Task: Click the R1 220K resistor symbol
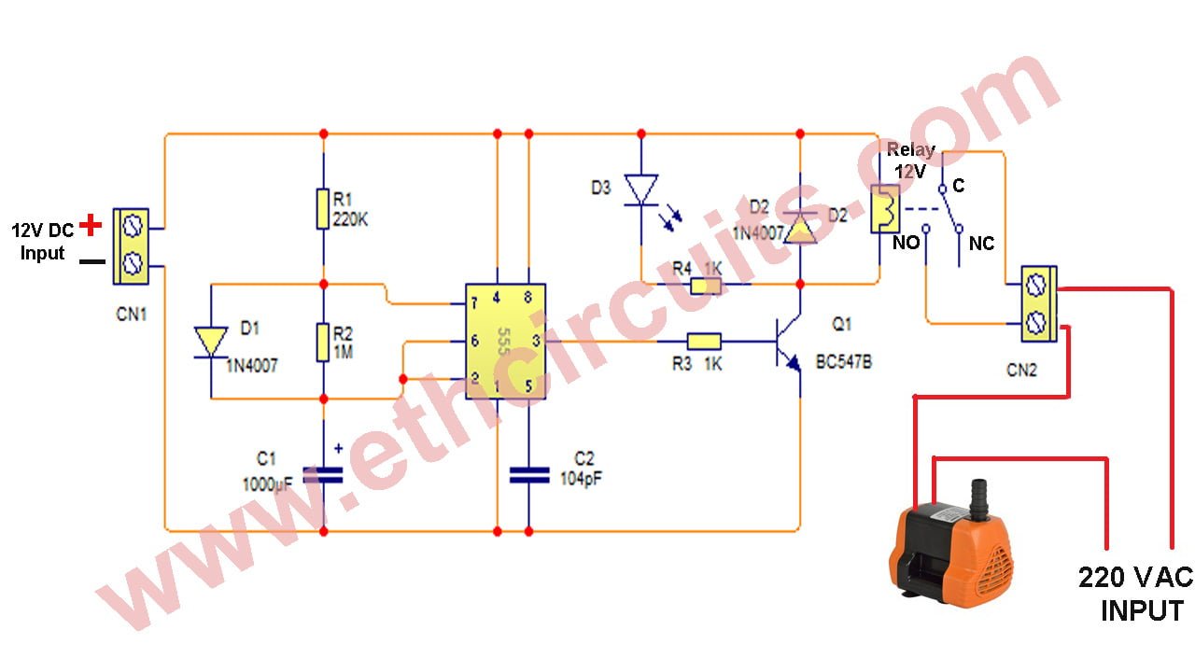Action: click(323, 210)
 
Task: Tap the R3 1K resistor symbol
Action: click(703, 342)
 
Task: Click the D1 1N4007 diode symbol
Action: click(210, 342)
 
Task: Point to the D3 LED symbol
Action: click(641, 190)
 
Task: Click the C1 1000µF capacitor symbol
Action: click(323, 473)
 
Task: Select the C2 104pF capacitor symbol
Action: click(527, 474)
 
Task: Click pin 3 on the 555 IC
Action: click(536, 342)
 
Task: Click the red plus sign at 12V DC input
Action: click(91, 225)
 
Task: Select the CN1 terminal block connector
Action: click(132, 246)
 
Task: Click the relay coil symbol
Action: click(883, 209)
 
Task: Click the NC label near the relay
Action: click(981, 245)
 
